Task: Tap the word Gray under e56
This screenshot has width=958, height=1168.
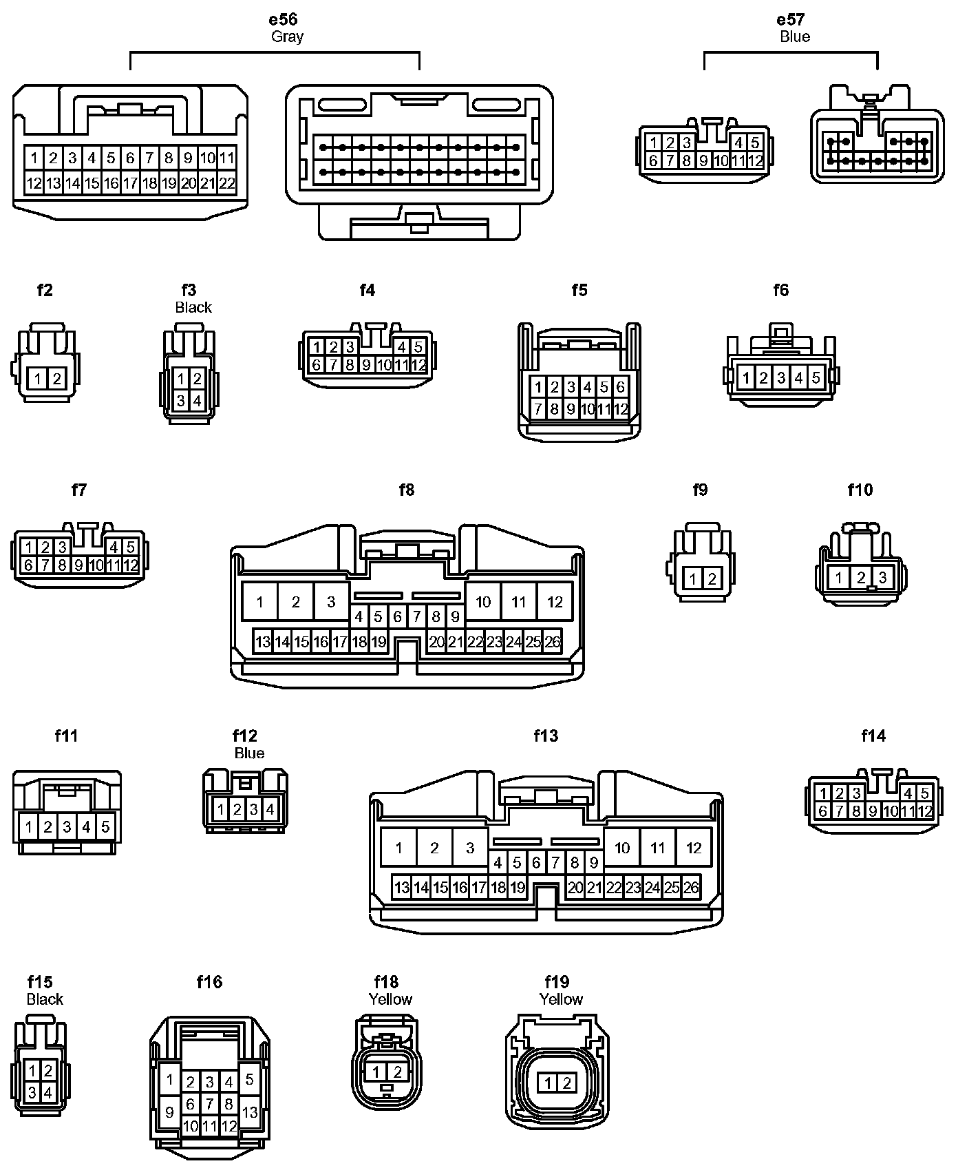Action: (287, 36)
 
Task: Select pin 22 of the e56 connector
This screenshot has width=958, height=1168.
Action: (226, 183)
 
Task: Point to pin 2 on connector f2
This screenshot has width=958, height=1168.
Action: (57, 378)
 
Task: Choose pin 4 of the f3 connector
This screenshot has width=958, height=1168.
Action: (198, 400)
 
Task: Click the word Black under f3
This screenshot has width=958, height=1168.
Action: (193, 307)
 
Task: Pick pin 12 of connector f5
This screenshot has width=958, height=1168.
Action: (620, 409)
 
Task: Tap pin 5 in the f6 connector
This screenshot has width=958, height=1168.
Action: (816, 377)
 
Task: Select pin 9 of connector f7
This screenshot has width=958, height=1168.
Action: (79, 565)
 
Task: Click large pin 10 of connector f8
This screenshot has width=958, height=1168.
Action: (483, 602)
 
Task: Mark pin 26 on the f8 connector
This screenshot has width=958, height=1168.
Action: (553, 643)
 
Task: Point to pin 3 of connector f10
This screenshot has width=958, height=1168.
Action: (882, 576)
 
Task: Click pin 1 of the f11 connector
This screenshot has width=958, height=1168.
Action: (29, 826)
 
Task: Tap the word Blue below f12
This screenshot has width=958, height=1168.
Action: (249, 753)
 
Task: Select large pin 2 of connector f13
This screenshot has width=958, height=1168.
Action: (434, 848)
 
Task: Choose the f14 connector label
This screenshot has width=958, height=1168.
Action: (873, 736)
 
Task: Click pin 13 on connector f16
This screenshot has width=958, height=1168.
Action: (250, 1112)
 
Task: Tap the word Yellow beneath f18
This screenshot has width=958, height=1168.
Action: (390, 999)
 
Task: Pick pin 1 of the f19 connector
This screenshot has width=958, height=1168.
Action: (548, 1083)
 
